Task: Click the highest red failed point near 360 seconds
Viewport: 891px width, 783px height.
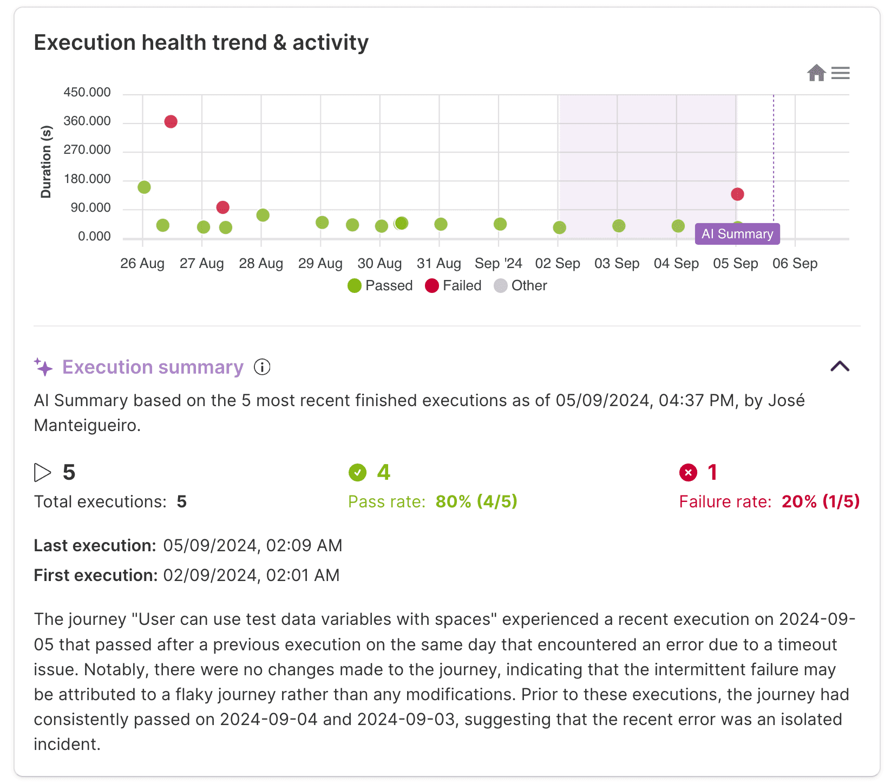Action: pos(171,121)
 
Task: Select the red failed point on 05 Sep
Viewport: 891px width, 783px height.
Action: pos(737,194)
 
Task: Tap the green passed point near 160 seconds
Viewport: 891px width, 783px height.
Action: pos(144,187)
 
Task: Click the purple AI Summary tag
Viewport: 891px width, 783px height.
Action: pos(737,234)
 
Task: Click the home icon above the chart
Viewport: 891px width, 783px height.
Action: pos(816,73)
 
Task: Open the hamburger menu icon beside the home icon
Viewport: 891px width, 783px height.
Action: pos(841,73)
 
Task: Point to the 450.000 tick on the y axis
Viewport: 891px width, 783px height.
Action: pos(87,93)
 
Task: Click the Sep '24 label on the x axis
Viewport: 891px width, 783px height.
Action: pos(498,264)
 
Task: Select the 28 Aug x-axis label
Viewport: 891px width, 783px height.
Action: pos(261,264)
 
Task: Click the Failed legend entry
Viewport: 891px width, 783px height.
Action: pos(454,285)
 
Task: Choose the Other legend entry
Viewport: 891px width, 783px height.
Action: pos(521,285)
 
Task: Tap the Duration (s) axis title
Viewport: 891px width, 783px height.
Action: pos(46,162)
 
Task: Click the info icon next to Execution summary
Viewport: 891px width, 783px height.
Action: pos(262,367)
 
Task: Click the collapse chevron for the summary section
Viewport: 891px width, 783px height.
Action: pos(840,367)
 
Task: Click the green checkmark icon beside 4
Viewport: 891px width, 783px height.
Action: pos(357,473)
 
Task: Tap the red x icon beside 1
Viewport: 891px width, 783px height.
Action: pos(688,473)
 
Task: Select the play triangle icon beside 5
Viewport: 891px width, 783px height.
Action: pos(42,473)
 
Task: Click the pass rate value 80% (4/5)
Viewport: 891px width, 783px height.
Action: pos(476,501)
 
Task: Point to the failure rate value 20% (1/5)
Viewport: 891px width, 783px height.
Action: pos(821,501)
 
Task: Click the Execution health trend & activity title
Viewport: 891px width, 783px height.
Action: pos(201,43)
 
